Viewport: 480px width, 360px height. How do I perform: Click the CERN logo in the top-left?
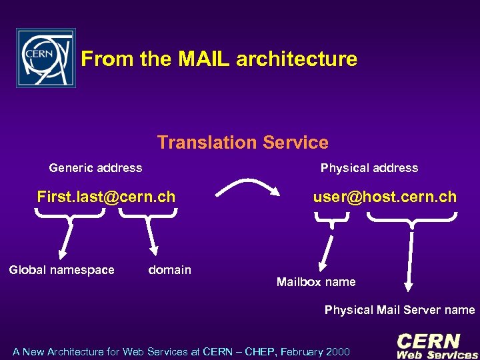click(46, 58)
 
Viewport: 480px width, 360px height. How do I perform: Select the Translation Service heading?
click(243, 142)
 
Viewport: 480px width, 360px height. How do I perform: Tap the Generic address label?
click(95, 168)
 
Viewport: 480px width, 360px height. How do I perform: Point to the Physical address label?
click(369, 168)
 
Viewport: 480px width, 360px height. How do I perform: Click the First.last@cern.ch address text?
click(106, 197)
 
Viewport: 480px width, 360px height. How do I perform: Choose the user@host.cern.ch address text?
click(385, 197)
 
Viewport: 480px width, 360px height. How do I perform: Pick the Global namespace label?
click(61, 270)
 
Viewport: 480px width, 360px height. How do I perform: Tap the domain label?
click(169, 270)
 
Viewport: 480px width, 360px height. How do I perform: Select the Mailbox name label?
click(316, 282)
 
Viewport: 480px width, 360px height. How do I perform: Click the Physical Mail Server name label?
click(399, 310)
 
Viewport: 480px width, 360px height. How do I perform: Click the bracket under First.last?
click(69, 213)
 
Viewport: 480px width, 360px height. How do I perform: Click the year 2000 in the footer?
click(338, 351)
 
